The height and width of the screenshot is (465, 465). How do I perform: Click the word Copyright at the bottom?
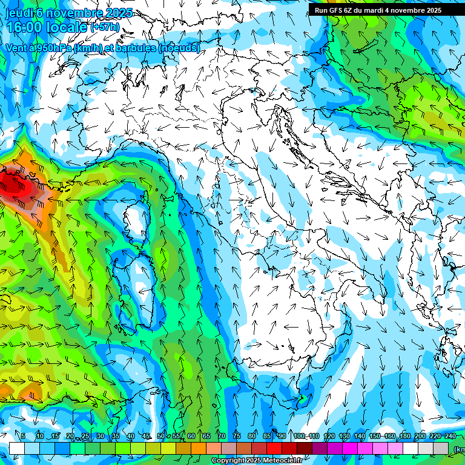pos(228,461)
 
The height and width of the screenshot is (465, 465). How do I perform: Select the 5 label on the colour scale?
pos(23,437)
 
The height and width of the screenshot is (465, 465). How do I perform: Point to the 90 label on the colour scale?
pos(282,437)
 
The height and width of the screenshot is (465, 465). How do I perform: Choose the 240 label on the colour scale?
pos(450,437)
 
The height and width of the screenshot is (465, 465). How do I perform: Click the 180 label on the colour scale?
pos(404,437)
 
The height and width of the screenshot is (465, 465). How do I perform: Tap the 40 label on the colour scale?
pos(130,437)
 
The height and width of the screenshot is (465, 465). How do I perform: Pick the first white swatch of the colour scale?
pos(16,448)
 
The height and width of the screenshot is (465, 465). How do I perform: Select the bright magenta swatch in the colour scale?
pos(349,448)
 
